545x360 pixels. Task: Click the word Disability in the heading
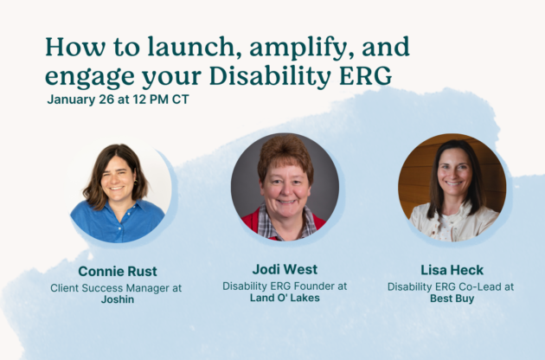coord(270,76)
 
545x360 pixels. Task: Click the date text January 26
coord(80,100)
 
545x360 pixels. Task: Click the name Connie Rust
coord(118,272)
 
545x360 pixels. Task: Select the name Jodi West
coord(285,269)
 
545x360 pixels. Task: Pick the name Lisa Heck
coord(452,270)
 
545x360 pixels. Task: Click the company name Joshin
coord(118,299)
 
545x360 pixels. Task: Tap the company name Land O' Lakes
coord(285,298)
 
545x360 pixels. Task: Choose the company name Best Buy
coord(452,299)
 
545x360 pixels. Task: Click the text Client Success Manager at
coord(116,288)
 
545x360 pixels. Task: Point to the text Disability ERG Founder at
coord(285,286)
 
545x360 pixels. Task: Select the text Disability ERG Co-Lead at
coord(451,286)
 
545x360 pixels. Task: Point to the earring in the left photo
coord(135,183)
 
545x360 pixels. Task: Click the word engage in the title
coord(90,77)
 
